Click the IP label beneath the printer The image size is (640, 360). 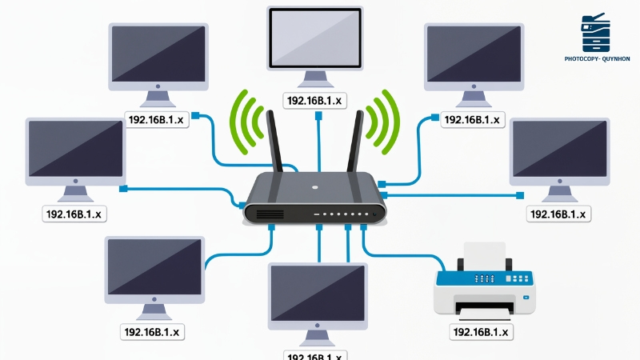482,331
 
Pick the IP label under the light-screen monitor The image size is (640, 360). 316,100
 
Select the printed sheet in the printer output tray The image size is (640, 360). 484,307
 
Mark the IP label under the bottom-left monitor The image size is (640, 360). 154,331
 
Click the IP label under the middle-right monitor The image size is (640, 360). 558,214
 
